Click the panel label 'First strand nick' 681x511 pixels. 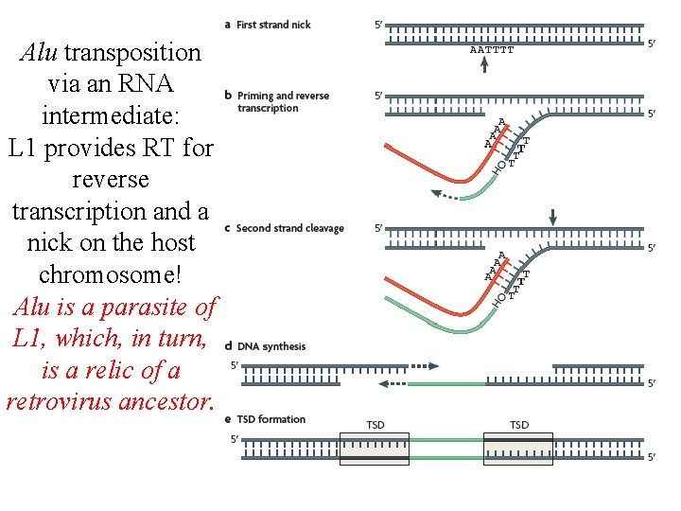pos(273,25)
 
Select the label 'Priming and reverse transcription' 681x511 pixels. pos(283,101)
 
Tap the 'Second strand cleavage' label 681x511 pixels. pos(289,228)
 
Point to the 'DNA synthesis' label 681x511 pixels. pos(271,346)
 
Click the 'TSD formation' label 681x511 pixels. pos(271,419)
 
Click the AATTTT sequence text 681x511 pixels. pos(492,50)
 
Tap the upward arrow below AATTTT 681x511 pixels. pos(485,63)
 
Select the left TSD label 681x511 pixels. pos(375,425)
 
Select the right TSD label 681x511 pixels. pos(519,425)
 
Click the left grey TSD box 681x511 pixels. pos(375,449)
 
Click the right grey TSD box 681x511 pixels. pos(518,449)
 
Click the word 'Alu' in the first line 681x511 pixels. pos(38,52)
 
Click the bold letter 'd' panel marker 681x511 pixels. pos(229,346)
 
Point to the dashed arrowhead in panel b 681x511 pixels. pos(436,193)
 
